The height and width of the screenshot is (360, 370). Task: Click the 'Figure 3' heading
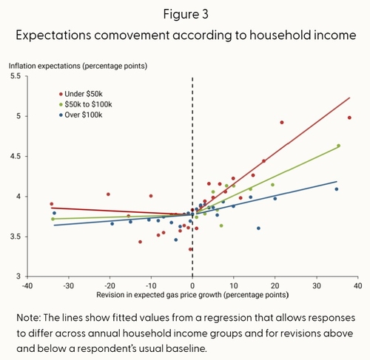pos(186,14)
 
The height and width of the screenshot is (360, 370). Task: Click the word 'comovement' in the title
pos(132,35)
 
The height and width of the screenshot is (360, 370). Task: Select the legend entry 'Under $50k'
pos(81,94)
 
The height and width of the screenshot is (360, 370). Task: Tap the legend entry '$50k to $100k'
pos(86,104)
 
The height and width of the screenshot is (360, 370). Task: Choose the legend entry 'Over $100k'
pos(81,115)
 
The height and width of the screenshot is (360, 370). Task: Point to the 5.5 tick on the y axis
pos(16,76)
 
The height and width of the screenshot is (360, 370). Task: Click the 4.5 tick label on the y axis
pos(16,157)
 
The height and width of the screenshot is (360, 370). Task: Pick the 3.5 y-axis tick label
pos(16,237)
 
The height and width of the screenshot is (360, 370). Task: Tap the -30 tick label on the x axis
pos(68,286)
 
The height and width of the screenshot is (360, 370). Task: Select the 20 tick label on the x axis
pos(275,286)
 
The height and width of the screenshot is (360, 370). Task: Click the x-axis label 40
pos(358,286)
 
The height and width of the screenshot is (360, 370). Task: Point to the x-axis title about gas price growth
pos(192,295)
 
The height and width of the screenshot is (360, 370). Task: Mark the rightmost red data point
pos(349,118)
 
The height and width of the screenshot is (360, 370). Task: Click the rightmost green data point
pos(338,146)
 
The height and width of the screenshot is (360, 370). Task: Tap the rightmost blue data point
pos(337,189)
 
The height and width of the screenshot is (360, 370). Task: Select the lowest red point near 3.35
pos(190,249)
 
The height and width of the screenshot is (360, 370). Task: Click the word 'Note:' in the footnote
pos(28,318)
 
